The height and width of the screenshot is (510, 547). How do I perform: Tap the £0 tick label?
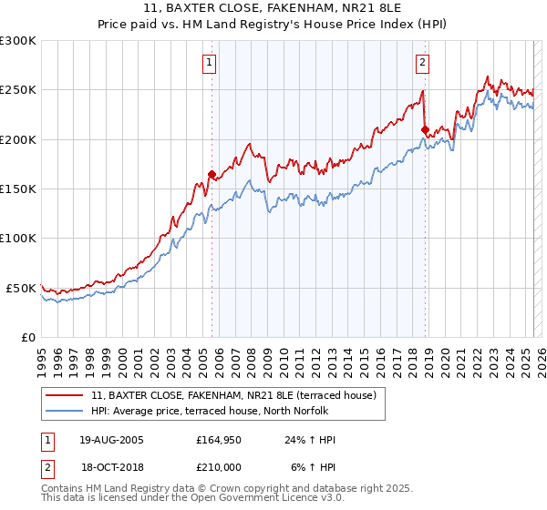[27, 337]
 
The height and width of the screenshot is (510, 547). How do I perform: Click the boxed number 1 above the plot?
[211, 63]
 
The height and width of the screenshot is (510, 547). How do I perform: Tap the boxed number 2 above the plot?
[423, 63]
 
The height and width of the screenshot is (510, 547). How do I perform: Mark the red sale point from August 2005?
[212, 174]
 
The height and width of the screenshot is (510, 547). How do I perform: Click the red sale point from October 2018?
[425, 129]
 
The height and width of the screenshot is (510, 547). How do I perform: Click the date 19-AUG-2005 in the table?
[112, 440]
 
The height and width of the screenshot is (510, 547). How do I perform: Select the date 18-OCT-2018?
[112, 466]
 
